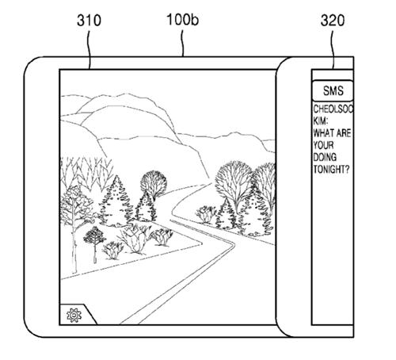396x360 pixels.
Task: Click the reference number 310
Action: tap(89, 21)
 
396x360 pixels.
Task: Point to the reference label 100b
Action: tap(183, 20)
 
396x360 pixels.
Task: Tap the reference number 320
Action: tap(333, 21)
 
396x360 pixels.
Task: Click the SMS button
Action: tap(333, 90)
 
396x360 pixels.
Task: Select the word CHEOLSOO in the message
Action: tap(333, 109)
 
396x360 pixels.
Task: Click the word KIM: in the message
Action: tap(321, 121)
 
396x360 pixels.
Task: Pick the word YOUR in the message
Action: tap(323, 145)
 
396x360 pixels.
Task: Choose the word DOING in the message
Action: tap(325, 157)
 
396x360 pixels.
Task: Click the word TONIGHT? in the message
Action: tap(331, 169)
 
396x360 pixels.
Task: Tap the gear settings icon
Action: tap(74, 315)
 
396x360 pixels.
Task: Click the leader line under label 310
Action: tap(89, 50)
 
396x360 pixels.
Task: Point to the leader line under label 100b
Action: tap(182, 44)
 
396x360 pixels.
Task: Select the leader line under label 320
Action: tap(333, 50)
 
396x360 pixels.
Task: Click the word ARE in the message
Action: tap(344, 133)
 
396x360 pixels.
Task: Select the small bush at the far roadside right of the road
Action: tap(206, 214)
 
